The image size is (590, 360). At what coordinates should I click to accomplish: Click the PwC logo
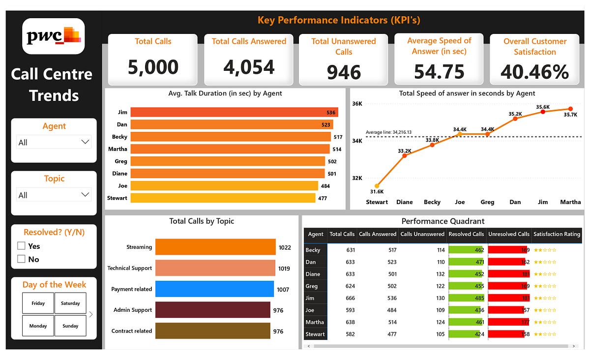coord(54,36)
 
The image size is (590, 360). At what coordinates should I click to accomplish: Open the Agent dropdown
coord(54,142)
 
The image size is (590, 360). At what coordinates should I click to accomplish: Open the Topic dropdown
coord(54,195)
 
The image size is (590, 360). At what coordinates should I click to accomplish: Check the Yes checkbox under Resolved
coord(21,246)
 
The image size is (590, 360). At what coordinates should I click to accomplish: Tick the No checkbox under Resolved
coord(21,259)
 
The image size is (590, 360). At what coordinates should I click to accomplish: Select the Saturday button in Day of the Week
coord(70,303)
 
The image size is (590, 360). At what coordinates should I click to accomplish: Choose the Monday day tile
coord(38,326)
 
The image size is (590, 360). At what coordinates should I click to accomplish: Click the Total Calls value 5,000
coord(152,67)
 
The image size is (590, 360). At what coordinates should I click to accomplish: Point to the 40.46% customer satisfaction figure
coord(534,72)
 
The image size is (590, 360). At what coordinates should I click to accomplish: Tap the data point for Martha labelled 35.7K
coord(570,109)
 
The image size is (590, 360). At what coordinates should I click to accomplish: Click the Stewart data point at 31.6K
coord(377,186)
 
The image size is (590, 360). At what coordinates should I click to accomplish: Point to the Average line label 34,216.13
coord(388,132)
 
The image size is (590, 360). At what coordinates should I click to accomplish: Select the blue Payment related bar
coord(214,289)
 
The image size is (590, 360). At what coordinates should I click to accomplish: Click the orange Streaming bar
coord(215,247)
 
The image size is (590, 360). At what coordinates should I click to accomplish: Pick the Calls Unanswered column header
coord(422,234)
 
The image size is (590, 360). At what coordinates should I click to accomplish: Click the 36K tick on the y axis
coord(357,104)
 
